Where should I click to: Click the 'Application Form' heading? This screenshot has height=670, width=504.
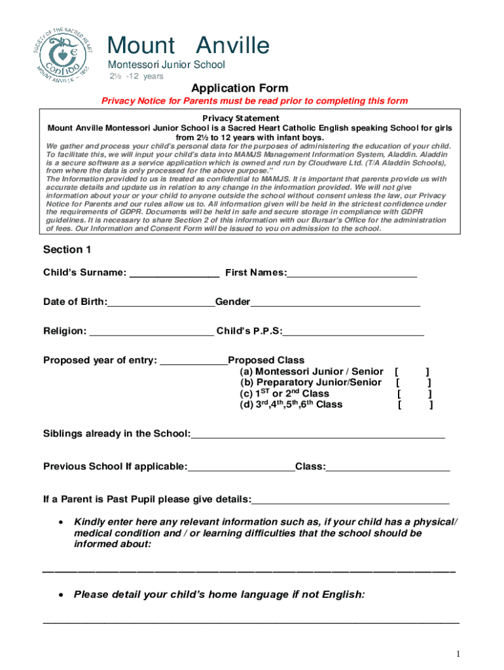point(239,88)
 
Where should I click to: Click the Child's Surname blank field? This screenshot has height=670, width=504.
point(175,274)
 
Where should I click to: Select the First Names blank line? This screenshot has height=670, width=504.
point(351,274)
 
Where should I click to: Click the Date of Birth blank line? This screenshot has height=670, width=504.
point(161,303)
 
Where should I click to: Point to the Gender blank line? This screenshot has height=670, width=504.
point(335,303)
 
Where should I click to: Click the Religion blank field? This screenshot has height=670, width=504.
point(151,332)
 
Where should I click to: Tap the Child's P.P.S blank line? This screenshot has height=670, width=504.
point(353,332)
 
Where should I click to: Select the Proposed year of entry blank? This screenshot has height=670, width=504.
point(194,362)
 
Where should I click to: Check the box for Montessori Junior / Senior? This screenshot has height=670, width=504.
point(412,372)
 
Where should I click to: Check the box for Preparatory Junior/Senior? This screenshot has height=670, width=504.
point(414,383)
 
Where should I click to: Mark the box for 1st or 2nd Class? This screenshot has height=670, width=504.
point(414,394)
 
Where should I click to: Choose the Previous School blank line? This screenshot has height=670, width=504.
point(241,468)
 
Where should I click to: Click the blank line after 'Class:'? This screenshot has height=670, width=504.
point(387,468)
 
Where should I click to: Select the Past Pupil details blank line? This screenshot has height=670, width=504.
point(350,501)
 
